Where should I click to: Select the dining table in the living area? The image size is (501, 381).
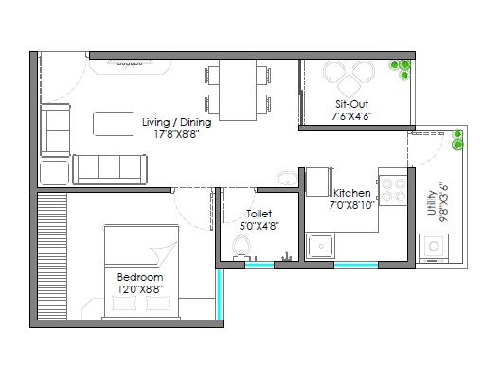236,91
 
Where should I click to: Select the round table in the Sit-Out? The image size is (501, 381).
348,73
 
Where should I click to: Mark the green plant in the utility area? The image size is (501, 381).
458,140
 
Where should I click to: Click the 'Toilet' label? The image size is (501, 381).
259,214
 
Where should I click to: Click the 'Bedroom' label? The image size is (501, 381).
139,277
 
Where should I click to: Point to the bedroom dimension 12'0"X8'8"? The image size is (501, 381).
139,289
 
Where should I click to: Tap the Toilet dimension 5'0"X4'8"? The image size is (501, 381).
259,226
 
